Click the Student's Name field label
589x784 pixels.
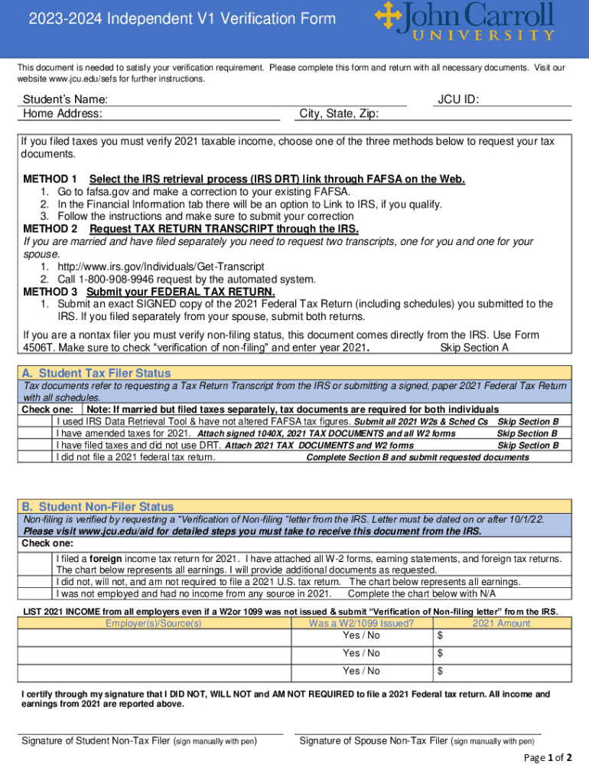click(x=65, y=100)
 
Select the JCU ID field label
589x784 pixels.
click(x=458, y=100)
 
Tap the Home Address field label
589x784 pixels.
click(x=63, y=114)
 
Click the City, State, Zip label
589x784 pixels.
click(x=339, y=114)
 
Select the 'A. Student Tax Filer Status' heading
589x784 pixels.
click(x=96, y=373)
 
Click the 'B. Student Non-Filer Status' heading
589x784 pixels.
click(x=97, y=507)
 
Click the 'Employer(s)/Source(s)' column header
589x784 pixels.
click(x=154, y=623)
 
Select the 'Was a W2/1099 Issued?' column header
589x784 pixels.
click(x=361, y=623)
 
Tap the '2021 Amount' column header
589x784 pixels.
click(x=501, y=623)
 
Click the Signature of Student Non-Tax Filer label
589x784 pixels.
click(x=139, y=740)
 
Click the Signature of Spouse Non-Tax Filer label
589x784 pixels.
click(x=417, y=740)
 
